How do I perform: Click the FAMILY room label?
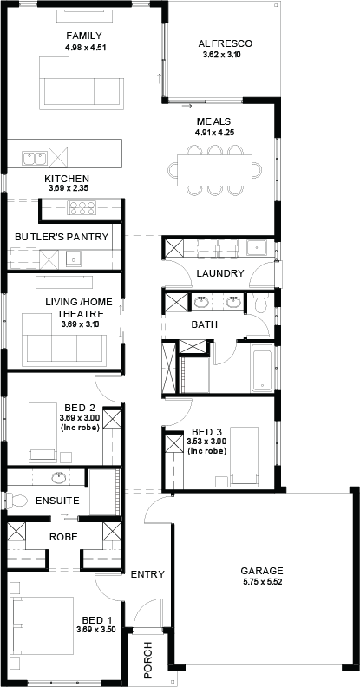point(84,36)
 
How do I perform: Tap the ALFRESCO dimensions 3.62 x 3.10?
point(222,55)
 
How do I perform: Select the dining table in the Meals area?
point(214,170)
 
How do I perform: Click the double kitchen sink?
point(35,158)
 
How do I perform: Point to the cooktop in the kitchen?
point(82,207)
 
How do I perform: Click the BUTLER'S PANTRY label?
point(62,237)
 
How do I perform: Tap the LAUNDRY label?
point(220,274)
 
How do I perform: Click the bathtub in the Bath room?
point(262,368)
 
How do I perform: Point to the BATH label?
point(205,325)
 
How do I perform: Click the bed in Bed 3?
point(245,457)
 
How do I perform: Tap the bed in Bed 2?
point(43,433)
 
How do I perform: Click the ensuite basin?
point(59,477)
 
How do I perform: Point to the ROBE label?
point(64,537)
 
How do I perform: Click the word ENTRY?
point(148,574)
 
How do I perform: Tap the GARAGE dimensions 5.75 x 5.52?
point(262,582)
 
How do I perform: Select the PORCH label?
point(148,657)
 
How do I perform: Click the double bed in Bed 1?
point(43,625)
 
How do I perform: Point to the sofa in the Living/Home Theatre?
point(64,340)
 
